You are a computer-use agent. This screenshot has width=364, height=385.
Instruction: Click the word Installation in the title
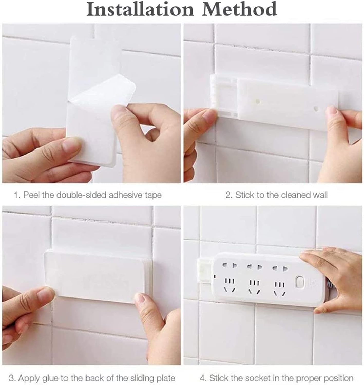[x=140, y=9]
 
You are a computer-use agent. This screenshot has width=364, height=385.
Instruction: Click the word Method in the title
[x=239, y=9]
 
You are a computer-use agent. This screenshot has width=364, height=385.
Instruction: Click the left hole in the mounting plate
[x=257, y=101]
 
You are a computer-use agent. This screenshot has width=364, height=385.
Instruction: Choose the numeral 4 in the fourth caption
[x=202, y=378]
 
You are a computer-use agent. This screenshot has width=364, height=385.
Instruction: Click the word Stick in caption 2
[x=244, y=195]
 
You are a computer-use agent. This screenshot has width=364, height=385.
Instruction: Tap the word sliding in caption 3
[x=141, y=378]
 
